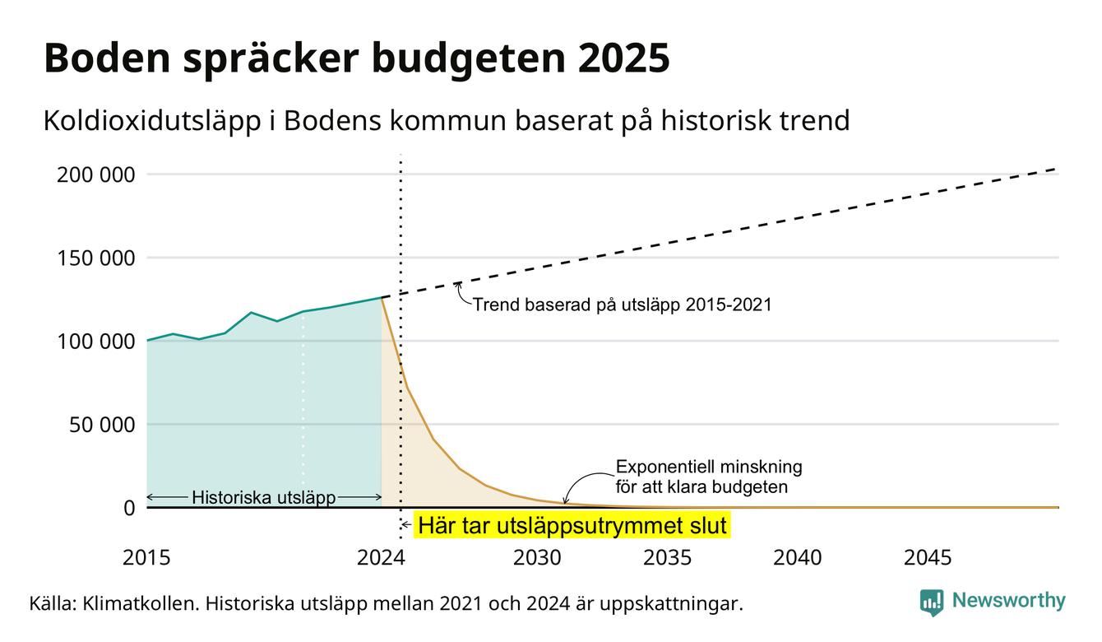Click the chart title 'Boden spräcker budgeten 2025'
point(357,58)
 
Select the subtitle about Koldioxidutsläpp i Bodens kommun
point(447,121)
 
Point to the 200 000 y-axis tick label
point(96,174)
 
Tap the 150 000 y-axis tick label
point(96,258)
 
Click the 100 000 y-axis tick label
point(96,342)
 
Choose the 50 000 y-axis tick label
point(102,425)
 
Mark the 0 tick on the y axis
point(129,508)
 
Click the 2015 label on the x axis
point(146,558)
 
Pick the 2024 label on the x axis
point(381,558)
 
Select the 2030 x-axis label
point(537,558)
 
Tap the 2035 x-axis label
point(668,558)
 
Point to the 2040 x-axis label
point(798,558)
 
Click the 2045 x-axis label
point(928,558)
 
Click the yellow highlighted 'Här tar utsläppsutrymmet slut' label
point(572,525)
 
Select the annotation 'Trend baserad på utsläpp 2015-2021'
point(623,305)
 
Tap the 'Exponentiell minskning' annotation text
point(709,466)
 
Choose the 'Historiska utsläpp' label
point(264,497)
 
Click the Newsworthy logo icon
point(931,602)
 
